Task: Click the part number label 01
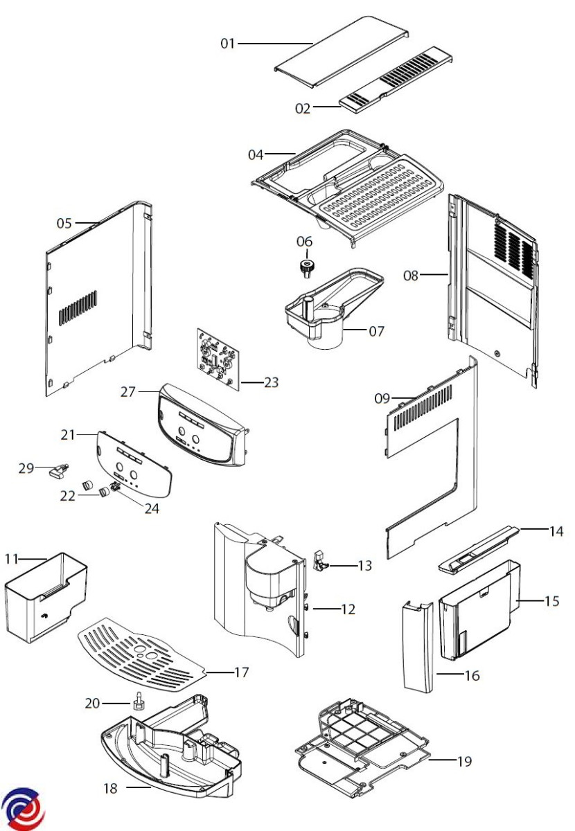tap(228, 44)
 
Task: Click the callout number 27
tap(127, 391)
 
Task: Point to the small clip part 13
tap(321, 561)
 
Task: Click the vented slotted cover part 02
tap(398, 78)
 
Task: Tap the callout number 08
tap(411, 275)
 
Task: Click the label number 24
tap(152, 508)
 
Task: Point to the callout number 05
tap(64, 223)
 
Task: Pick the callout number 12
tap(348, 609)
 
